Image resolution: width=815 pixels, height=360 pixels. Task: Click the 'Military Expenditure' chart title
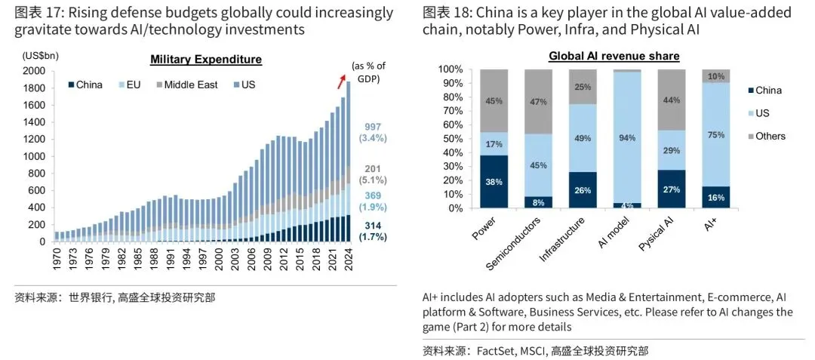click(206, 60)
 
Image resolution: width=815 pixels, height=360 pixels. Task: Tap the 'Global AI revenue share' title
click(614, 57)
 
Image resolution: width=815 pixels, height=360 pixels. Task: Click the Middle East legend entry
click(186, 85)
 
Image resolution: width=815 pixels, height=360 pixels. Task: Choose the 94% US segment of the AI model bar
click(628, 137)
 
